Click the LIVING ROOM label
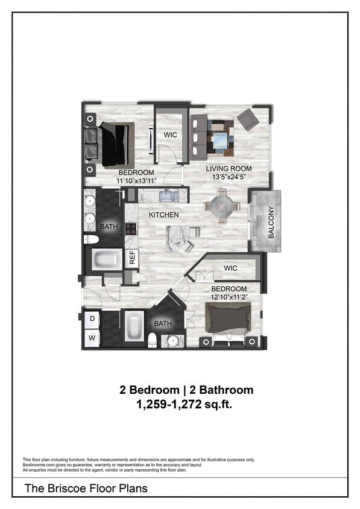[229, 168]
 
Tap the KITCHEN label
[164, 215]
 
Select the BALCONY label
[271, 223]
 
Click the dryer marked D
[93, 318]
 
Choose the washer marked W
[93, 338]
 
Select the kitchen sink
[167, 195]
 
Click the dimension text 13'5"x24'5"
[229, 177]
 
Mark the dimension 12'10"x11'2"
[229, 297]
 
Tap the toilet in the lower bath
[153, 340]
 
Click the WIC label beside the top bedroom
[171, 135]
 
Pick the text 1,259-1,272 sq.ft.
[186, 405]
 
